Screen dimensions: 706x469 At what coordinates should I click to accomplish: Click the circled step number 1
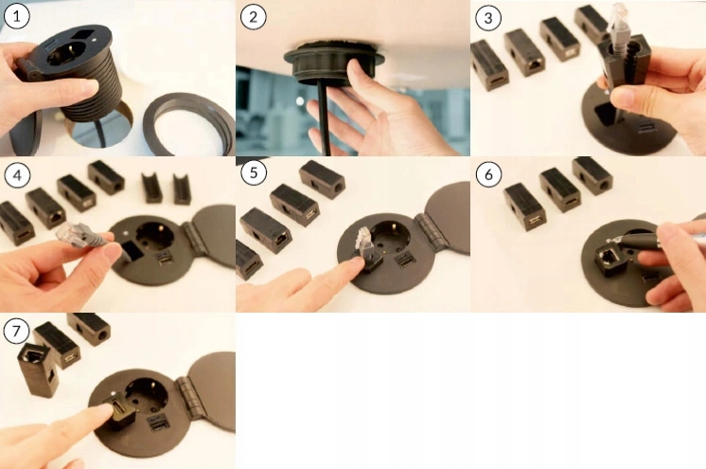click(17, 17)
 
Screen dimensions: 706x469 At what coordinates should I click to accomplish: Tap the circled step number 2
click(253, 17)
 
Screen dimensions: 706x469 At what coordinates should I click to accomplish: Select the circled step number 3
click(488, 18)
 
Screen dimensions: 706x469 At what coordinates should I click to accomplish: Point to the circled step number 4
click(17, 174)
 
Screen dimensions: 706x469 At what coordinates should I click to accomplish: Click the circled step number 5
click(254, 172)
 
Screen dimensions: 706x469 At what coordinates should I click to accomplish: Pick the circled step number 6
click(488, 173)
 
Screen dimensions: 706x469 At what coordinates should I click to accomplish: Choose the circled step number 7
click(16, 331)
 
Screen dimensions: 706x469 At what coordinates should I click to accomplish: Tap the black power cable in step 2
click(324, 118)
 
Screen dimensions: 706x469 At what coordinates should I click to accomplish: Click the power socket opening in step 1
click(66, 52)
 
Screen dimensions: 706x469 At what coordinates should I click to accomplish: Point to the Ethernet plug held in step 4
click(76, 235)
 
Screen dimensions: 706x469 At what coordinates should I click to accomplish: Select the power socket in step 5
click(391, 236)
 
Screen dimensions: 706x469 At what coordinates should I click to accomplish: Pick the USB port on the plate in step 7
click(159, 424)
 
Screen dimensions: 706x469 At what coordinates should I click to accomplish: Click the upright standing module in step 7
click(37, 370)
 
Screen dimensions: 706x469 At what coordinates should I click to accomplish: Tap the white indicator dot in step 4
click(127, 233)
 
